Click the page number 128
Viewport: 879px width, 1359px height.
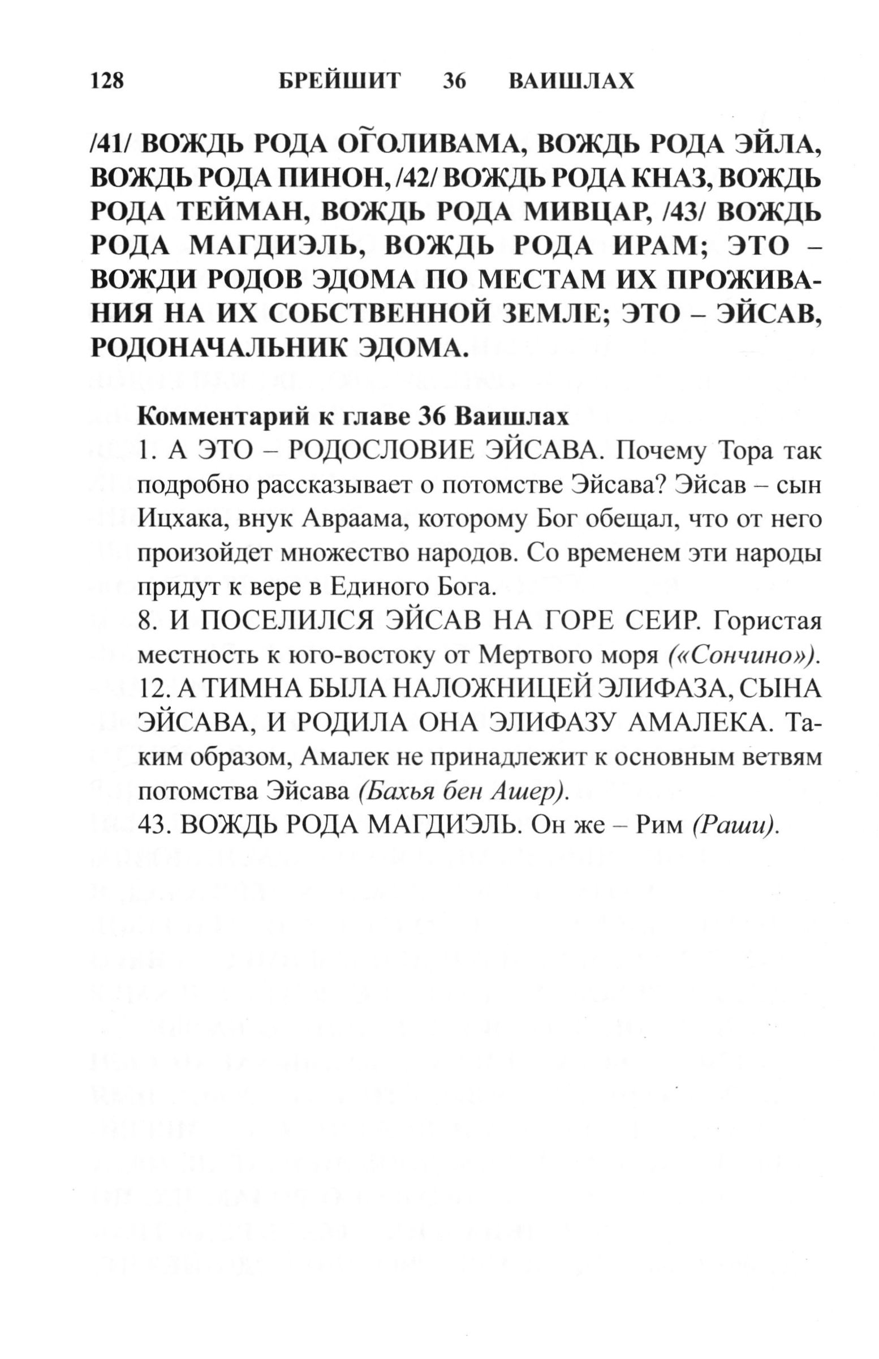(107, 81)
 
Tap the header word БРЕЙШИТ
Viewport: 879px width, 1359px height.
(339, 81)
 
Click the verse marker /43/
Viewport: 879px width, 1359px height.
(683, 213)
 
